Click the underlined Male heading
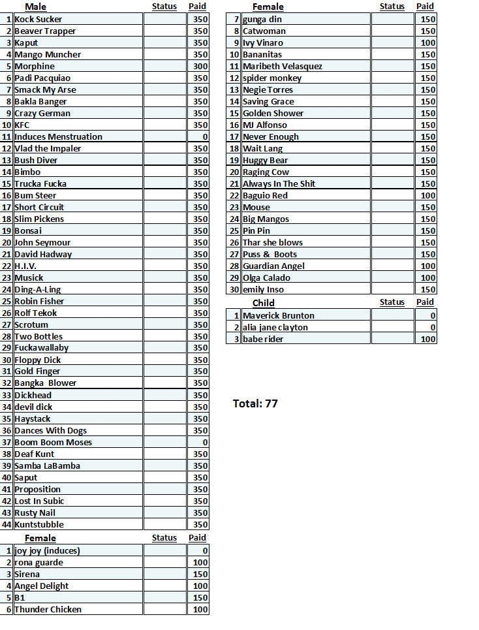tap(35, 7)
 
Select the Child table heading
tap(264, 303)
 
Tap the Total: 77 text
tap(255, 403)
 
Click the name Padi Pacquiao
tap(42, 78)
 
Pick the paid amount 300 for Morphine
tap(200, 67)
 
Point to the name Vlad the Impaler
tap(48, 149)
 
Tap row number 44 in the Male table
tap(7, 525)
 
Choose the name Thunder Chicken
tap(48, 610)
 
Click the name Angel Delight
tap(41, 586)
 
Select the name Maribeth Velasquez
tap(283, 67)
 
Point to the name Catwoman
tap(264, 31)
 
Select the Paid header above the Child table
tap(425, 302)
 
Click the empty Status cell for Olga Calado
tap(392, 278)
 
